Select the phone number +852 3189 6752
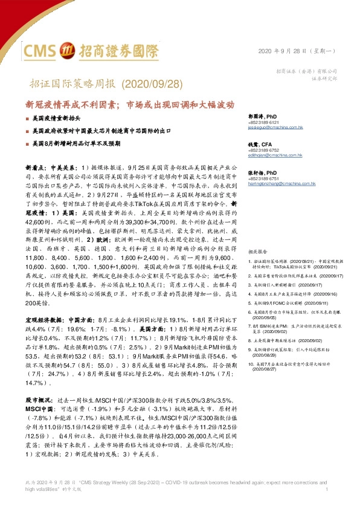click(x=262, y=150)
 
